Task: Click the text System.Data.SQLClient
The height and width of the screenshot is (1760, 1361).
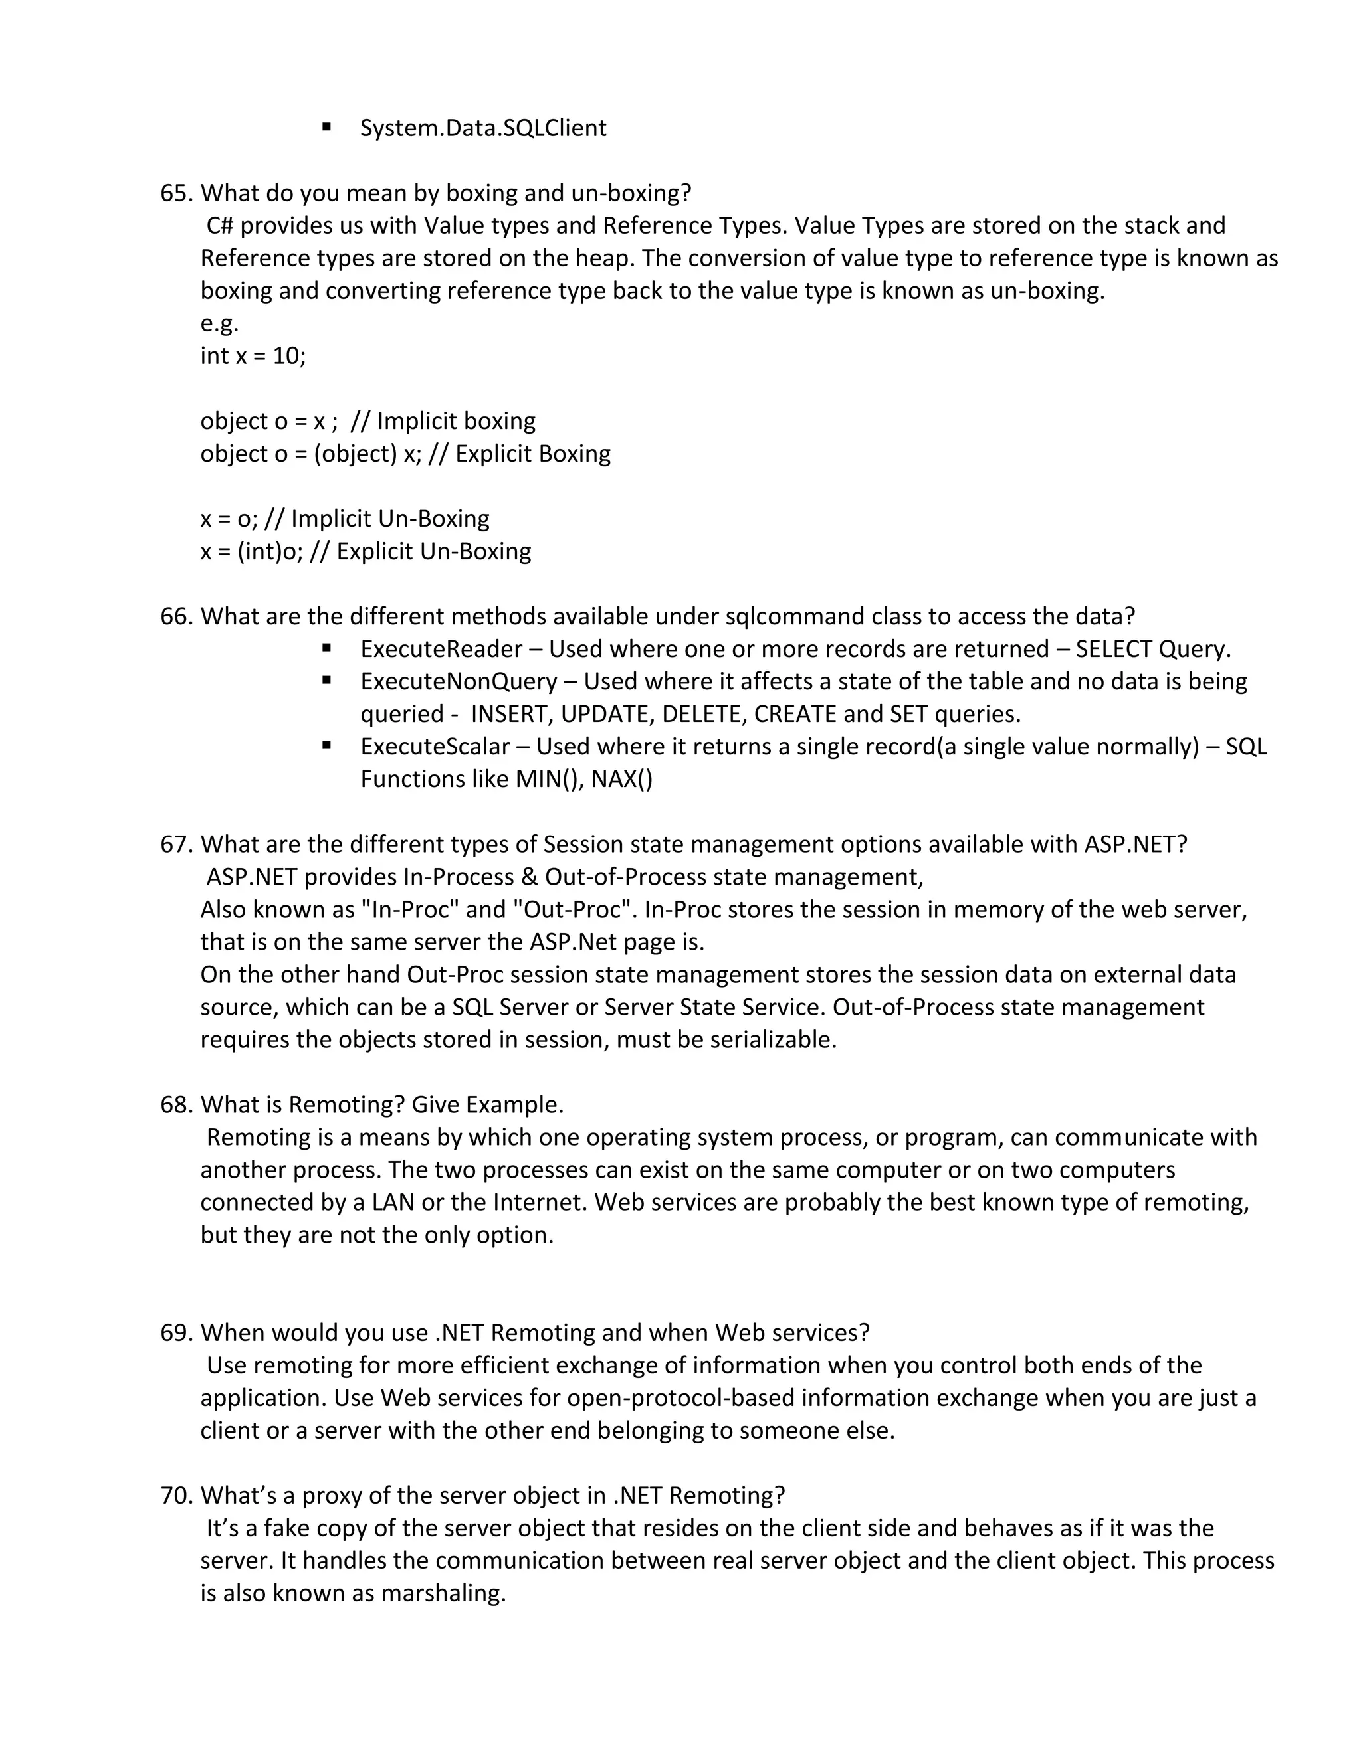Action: tap(483, 128)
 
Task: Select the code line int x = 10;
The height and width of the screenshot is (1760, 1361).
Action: tap(253, 355)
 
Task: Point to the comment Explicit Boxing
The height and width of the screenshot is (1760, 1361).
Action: tap(533, 454)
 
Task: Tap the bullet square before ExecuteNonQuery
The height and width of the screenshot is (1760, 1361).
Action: tap(326, 680)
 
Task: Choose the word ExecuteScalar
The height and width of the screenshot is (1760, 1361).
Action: tap(435, 747)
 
